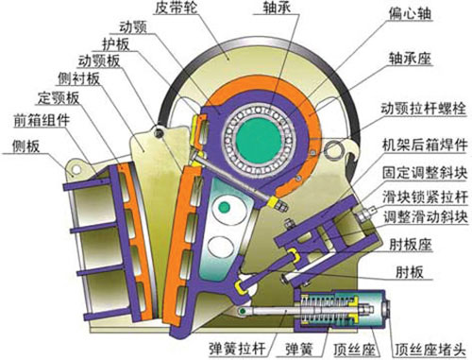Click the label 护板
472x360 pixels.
110,45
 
